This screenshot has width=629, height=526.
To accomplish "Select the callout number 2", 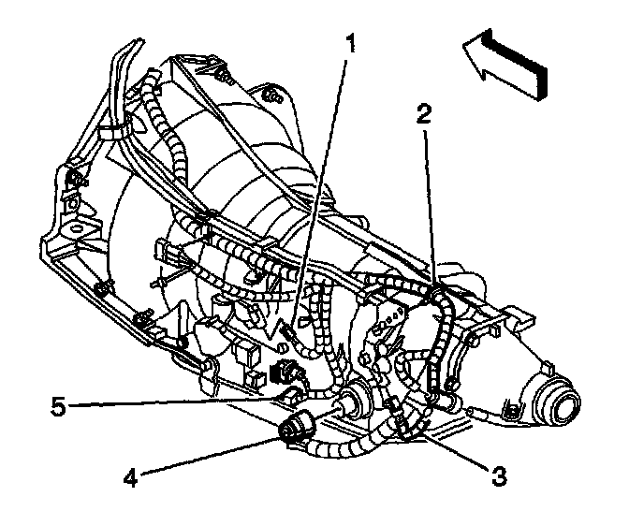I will point(425,114).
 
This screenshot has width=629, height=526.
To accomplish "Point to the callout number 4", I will point(130,476).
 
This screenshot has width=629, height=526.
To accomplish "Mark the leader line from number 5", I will point(168,403).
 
